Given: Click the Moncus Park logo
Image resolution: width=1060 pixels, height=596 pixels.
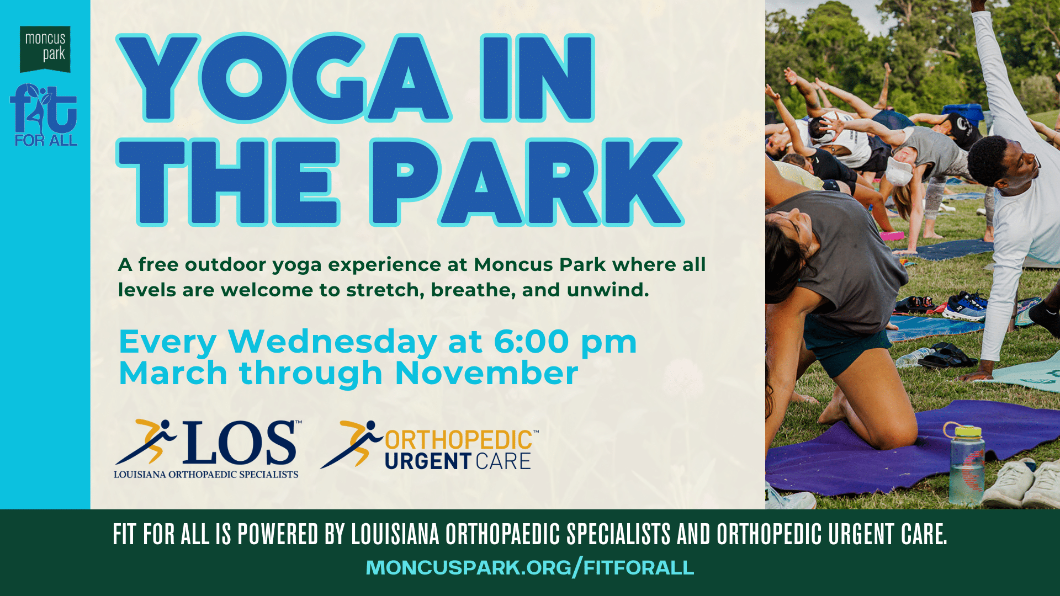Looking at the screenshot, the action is [45, 49].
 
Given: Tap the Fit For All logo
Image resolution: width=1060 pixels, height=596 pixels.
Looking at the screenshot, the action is [44, 115].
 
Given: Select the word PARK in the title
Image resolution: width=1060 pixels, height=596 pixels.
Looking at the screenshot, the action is [527, 183].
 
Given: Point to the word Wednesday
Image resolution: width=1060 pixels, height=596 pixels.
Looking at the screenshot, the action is [333, 342].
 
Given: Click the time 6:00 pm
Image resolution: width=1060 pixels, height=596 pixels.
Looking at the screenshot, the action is [565, 343].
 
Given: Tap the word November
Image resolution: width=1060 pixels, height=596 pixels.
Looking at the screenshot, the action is [486, 373].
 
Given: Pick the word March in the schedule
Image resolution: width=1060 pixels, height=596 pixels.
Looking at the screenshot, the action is [173, 373].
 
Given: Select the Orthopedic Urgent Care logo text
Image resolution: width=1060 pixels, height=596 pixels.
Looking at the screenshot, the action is [458, 450].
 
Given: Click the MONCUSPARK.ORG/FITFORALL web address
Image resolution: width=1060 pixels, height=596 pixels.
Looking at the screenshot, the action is [530, 567].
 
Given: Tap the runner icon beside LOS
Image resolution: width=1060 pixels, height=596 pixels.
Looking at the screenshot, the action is [146, 441].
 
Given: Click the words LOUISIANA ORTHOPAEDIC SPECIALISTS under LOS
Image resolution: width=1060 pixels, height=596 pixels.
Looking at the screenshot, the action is [206, 475].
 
